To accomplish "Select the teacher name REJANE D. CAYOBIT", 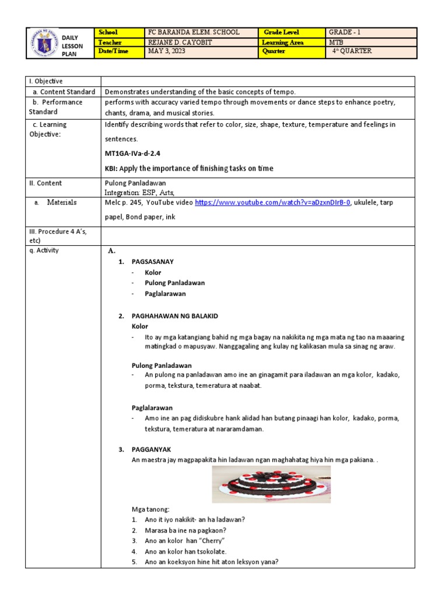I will point(181,42).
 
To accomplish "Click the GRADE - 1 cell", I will point(349,32).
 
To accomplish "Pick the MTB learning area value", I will point(336,42).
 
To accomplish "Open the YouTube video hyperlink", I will point(272,203).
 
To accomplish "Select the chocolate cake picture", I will point(271,484).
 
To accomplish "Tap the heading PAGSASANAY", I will point(152,262).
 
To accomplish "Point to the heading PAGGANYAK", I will point(151,450).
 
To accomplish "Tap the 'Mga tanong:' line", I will point(150,509).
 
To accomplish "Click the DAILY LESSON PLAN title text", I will point(72,46).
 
